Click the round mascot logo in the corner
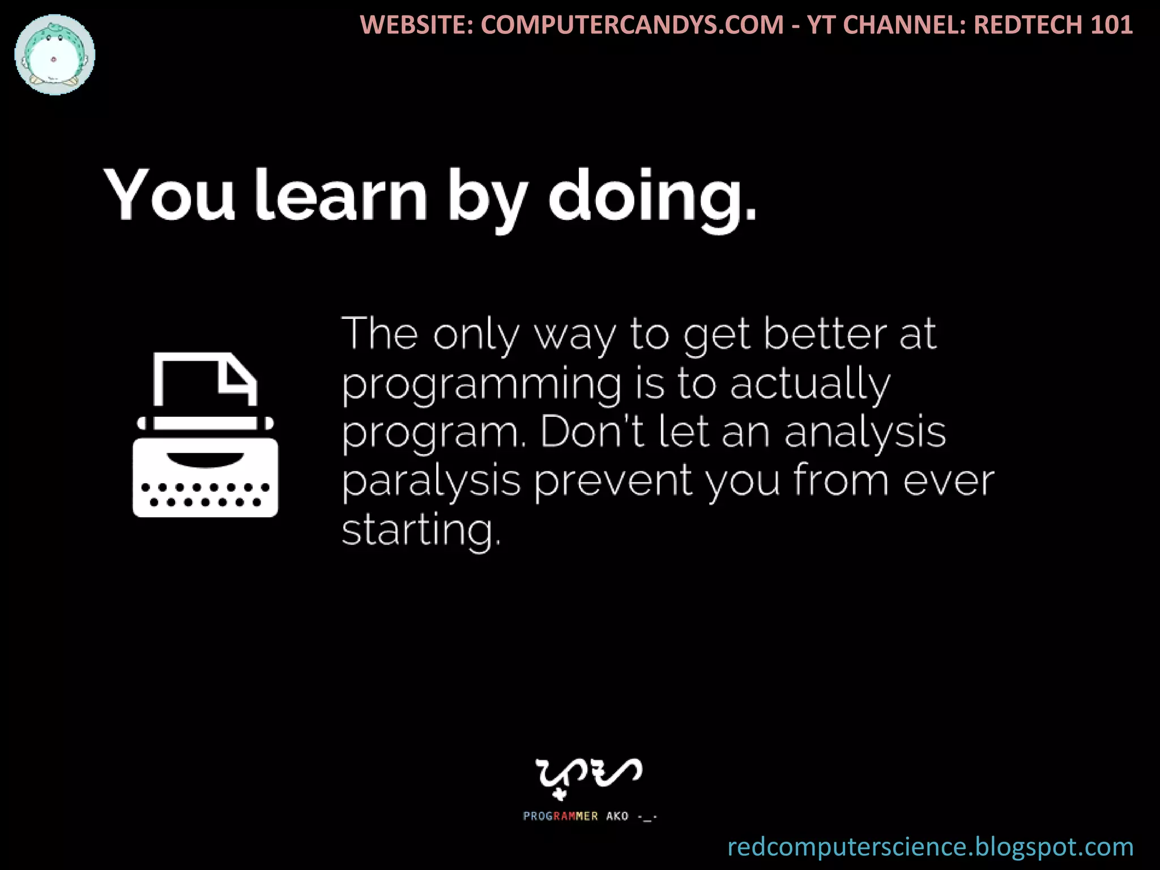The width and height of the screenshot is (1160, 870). (x=55, y=55)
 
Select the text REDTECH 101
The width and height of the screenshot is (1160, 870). (x=1054, y=25)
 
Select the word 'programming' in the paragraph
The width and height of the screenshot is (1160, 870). (x=482, y=385)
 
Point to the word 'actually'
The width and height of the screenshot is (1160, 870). (x=811, y=385)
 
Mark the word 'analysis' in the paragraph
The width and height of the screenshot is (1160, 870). (x=865, y=434)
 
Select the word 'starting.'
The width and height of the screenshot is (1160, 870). (x=421, y=531)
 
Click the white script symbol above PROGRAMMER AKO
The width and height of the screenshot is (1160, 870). (x=588, y=775)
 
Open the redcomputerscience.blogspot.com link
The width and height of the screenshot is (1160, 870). (x=930, y=847)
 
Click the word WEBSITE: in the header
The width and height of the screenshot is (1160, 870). (x=417, y=25)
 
